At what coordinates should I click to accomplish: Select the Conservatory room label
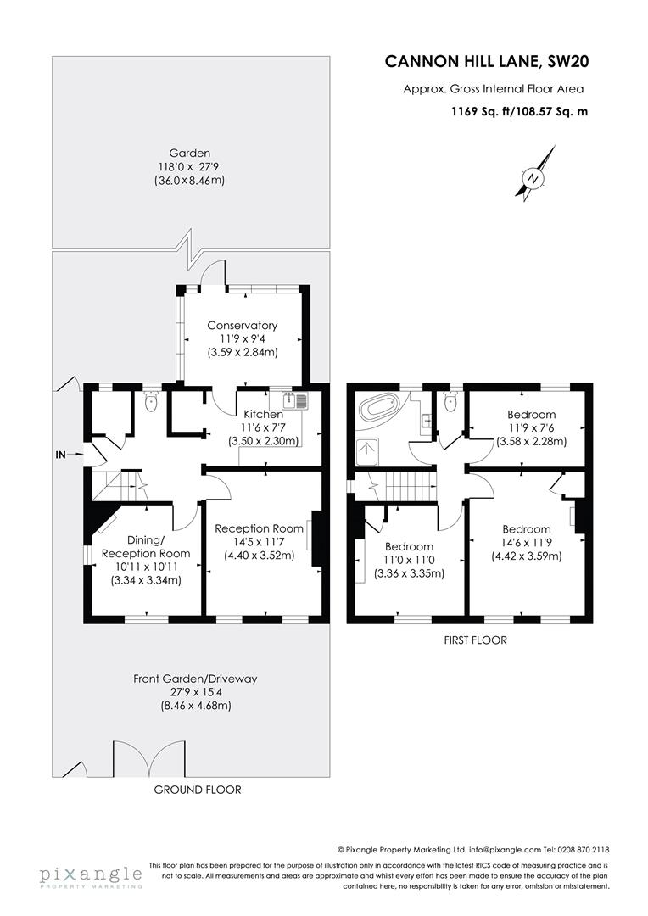click(243, 325)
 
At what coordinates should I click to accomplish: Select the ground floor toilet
click(151, 402)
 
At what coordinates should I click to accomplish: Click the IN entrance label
click(60, 455)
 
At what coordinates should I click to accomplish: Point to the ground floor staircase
click(114, 487)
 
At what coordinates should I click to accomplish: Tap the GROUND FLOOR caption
click(198, 790)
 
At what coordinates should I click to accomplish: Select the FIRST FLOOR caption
click(475, 640)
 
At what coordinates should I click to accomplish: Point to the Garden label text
click(189, 153)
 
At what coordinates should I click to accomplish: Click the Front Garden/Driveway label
click(195, 679)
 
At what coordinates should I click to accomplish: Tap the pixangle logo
click(91, 876)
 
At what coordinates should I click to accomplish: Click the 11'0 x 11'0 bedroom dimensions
click(409, 560)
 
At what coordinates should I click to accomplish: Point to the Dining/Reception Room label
click(146, 546)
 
